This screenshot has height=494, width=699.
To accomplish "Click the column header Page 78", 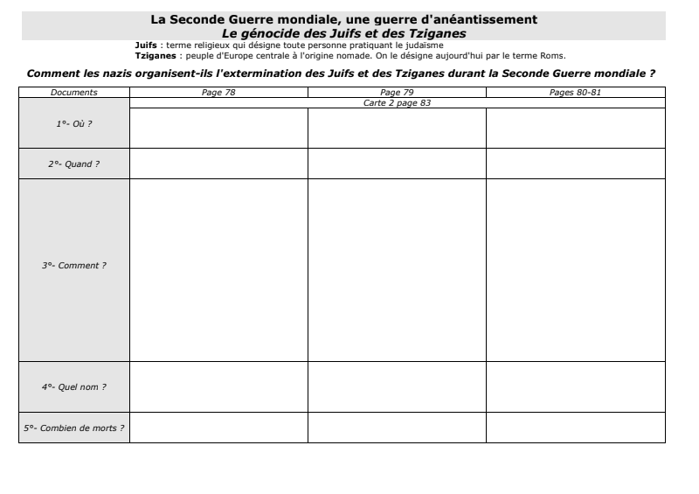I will pos(218,92).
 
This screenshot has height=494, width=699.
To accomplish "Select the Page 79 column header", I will pos(397,92).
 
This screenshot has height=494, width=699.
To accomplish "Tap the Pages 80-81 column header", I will pos(575,92).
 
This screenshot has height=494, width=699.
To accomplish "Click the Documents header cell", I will pos(74,92).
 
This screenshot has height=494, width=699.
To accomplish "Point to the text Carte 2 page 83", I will pos(397,102).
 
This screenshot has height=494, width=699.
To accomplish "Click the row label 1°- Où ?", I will pos(74,123).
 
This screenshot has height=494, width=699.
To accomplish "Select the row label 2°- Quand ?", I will pos(74,164).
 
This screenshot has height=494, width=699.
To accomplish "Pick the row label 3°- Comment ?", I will pos(74,266).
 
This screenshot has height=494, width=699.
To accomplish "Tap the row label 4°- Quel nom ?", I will pos(74,386).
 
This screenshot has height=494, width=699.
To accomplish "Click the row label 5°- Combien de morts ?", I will pos(74,428).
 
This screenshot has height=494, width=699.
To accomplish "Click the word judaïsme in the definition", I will pos(424,45).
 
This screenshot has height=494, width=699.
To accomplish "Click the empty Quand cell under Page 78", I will pos(218,164).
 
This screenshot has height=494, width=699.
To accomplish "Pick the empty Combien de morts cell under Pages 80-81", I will pos(575,427).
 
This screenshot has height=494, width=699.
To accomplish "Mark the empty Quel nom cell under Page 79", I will pos(397,386).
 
